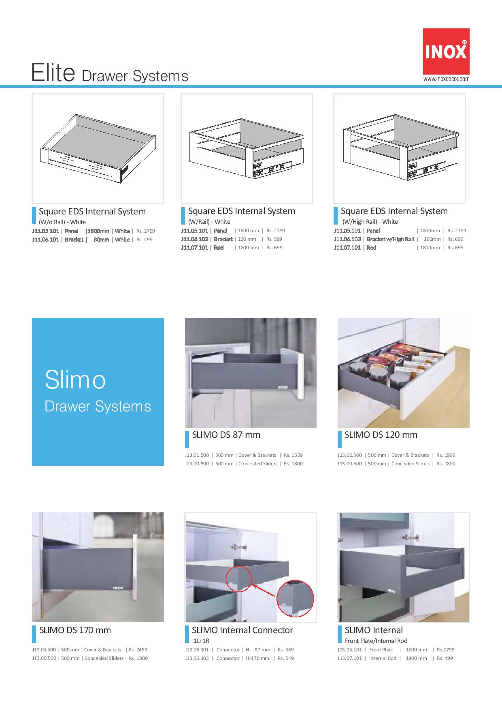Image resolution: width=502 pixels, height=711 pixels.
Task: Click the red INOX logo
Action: [x=446, y=51]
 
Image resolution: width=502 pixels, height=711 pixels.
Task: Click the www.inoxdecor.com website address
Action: [x=447, y=79]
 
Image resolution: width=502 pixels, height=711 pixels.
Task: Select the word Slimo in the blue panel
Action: [x=75, y=380]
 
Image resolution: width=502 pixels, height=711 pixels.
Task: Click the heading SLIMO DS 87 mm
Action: [x=226, y=435]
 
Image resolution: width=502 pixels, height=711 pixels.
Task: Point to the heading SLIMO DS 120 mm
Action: [x=381, y=435]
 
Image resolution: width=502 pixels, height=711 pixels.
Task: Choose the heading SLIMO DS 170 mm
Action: [x=75, y=630]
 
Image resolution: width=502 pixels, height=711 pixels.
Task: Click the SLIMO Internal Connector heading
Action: [x=242, y=630]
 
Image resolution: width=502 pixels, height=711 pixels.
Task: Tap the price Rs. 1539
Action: [x=293, y=455]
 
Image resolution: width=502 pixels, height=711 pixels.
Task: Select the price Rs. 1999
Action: [x=446, y=455]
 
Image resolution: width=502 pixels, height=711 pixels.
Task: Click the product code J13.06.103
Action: [x=197, y=658]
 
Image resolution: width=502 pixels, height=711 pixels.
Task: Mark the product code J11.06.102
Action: [x=194, y=239]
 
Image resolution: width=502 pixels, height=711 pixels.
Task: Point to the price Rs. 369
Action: [x=286, y=650]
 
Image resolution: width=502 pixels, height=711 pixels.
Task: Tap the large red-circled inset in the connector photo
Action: [x=295, y=598]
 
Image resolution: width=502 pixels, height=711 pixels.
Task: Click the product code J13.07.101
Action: [x=349, y=658]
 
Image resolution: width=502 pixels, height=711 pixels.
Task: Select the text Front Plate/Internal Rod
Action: [x=376, y=641]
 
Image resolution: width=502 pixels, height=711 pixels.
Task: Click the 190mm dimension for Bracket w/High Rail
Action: [x=432, y=239]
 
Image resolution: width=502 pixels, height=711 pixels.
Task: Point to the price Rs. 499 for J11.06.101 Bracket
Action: [x=145, y=240]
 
